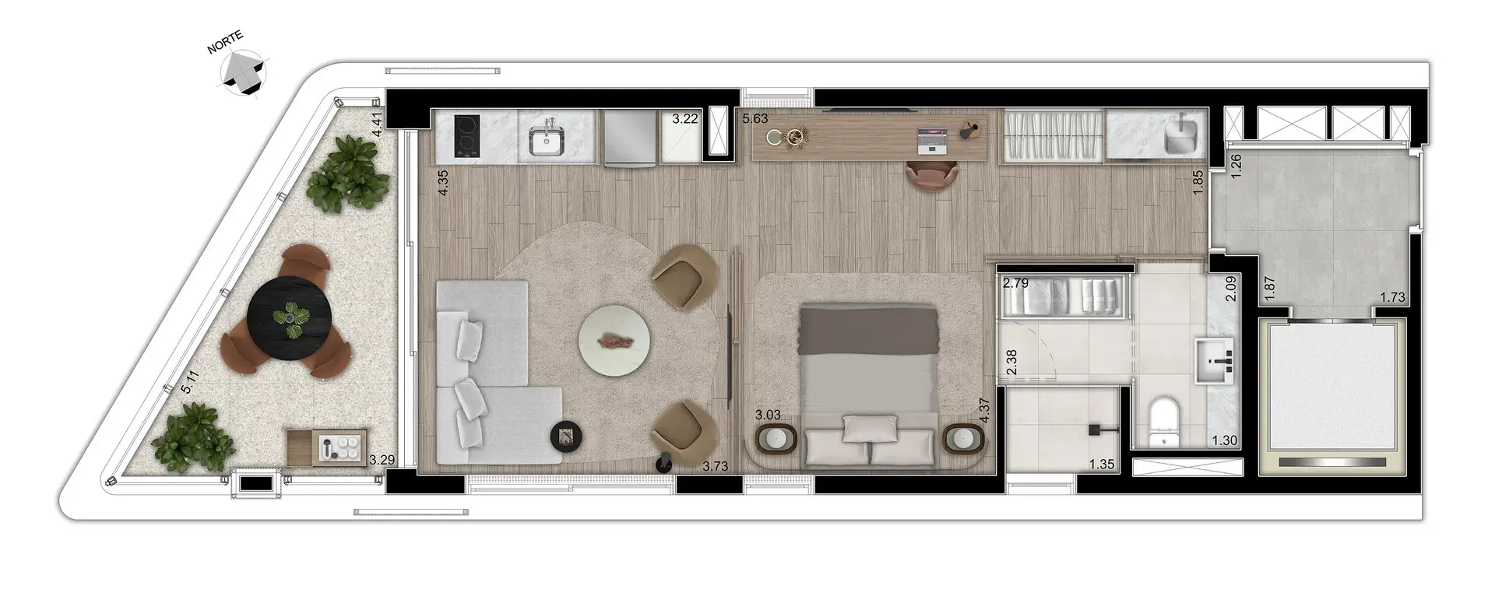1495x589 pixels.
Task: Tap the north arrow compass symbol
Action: tap(244, 72)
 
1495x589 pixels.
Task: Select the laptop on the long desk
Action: tap(933, 139)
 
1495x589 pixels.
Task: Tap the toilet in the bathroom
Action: tap(1164, 422)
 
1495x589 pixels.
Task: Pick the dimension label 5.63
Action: tap(755, 119)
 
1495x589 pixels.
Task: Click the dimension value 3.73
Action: tap(716, 466)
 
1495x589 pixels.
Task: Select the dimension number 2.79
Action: tap(1015, 283)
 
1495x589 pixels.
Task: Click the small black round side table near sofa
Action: tap(566, 436)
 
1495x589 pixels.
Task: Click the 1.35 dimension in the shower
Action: tap(1102, 465)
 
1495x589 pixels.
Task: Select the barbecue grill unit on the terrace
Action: tap(327, 447)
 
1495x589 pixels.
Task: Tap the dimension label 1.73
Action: tap(1392, 296)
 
